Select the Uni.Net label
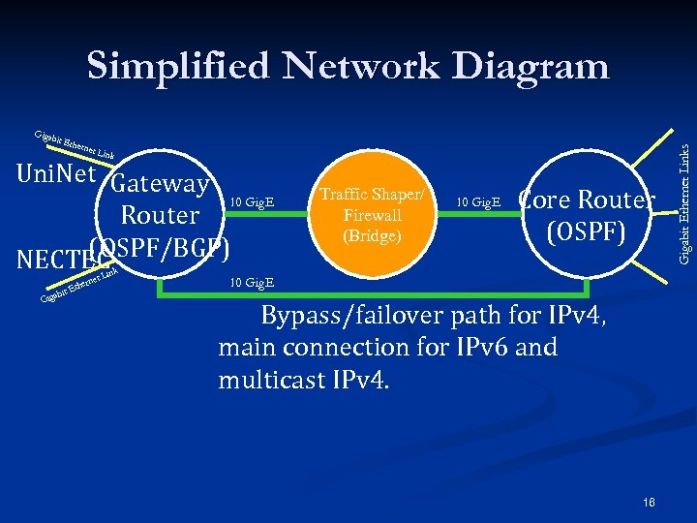[55, 173]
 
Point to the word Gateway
[160, 184]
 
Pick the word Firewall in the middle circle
[372, 216]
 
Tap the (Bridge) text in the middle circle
[372, 235]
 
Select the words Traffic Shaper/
[372, 197]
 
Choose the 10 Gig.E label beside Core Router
[478, 202]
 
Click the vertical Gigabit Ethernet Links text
[684, 201]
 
